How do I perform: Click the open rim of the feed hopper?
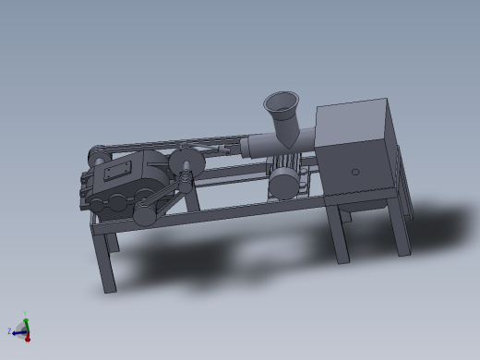[282, 100]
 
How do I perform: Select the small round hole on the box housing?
[355, 172]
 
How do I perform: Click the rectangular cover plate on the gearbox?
[118, 174]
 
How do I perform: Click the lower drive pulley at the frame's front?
[147, 215]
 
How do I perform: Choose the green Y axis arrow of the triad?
[26, 324]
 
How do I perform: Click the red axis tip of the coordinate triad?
[28, 339]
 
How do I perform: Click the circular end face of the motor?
[279, 181]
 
